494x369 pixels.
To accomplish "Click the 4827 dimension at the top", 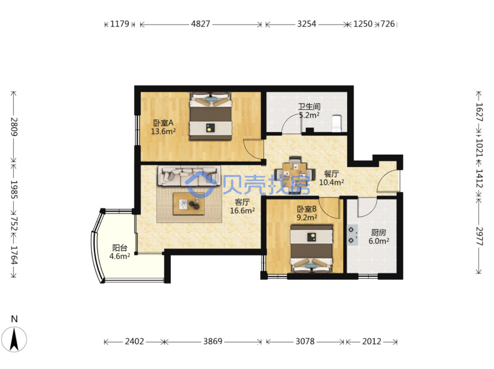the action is coord(200,24).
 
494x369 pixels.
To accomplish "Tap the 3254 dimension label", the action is coord(307,24).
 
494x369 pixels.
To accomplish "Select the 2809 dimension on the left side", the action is coord(14,127).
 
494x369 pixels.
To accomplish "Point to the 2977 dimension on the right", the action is coord(479,236).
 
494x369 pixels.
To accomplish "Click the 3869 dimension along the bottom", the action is coord(213,341).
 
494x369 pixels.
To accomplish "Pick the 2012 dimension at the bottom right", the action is coord(371,341).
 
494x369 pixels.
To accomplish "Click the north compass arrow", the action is coord(14,339).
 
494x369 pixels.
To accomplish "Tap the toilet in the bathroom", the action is coord(337,123).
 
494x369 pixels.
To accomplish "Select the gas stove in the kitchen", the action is coord(352,235).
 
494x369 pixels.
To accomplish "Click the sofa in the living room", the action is coord(189,176).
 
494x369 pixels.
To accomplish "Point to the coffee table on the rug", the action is coord(189,203).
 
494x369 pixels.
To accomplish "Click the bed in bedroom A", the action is coord(211,116).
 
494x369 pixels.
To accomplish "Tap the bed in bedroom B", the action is coord(312,249).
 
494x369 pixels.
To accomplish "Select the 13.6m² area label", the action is coord(163,131).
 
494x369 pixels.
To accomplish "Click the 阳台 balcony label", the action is coord(120,248).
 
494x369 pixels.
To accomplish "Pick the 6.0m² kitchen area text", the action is coord(379,241).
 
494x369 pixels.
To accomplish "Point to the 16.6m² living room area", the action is coord(242,211).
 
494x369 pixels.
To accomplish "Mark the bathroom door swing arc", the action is coord(291,123).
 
